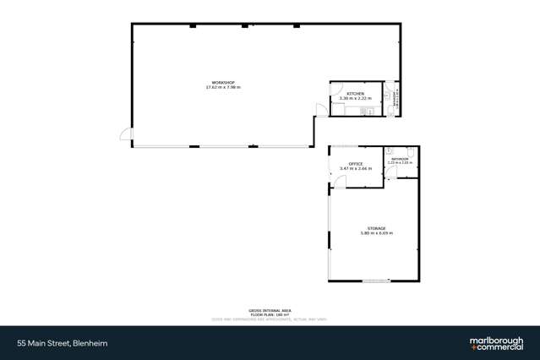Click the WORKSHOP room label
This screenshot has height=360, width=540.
tap(223, 82)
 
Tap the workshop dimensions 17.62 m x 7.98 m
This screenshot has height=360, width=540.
tap(223, 87)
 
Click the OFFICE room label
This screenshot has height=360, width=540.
tap(356, 163)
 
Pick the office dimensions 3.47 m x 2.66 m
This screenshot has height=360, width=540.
tap(356, 168)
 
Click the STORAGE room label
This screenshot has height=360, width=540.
tap(377, 228)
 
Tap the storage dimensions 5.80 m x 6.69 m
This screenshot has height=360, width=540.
tap(377, 233)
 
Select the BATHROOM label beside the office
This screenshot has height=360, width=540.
tap(399, 158)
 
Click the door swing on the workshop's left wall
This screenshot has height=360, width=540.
tap(126, 134)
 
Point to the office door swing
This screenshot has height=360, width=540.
tap(335, 176)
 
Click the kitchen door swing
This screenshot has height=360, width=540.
tap(320, 109)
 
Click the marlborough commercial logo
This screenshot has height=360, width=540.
tap(495, 343)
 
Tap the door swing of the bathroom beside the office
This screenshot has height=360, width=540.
tap(390, 174)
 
